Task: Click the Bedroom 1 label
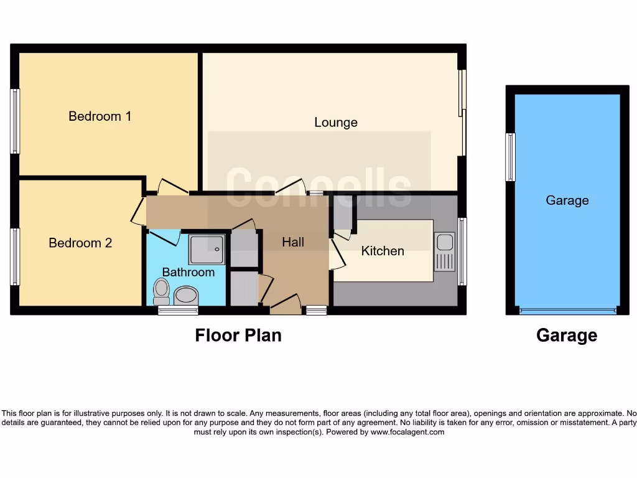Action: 100,116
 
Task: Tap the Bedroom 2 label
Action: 80,243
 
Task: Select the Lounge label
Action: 335,123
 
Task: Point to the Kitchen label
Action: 383,251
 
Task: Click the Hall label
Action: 293,242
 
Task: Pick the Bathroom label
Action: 188,272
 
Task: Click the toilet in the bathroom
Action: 162,289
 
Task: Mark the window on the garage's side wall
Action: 511,157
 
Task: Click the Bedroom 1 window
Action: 15,121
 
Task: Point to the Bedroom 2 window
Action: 15,256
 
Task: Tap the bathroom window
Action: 178,310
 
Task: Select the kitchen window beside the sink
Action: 462,251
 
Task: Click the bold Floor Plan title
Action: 238,335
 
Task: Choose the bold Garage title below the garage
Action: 567,335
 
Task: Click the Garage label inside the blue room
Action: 567,200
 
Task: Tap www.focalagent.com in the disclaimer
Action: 407,431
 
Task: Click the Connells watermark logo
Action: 318,186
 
